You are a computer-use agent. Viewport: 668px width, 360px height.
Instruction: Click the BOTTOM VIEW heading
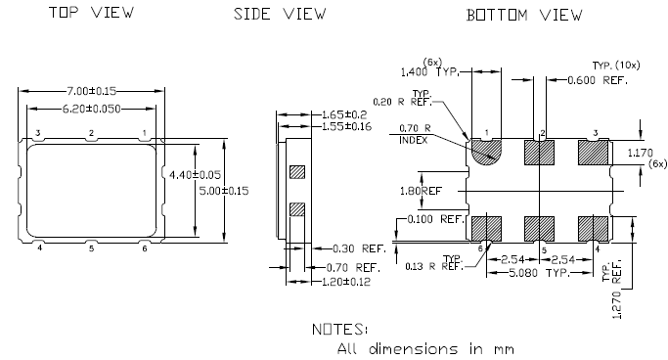click(524, 15)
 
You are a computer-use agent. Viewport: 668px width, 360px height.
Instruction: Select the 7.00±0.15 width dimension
click(91, 89)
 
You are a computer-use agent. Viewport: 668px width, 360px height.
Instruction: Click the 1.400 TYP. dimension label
click(430, 72)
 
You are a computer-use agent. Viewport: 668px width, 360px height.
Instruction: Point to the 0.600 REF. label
click(599, 79)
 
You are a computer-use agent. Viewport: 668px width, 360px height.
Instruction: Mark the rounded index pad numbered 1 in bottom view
click(485, 151)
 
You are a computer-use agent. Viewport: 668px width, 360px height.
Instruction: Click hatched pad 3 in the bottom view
click(593, 152)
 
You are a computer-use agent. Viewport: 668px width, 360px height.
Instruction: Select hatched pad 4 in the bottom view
click(593, 228)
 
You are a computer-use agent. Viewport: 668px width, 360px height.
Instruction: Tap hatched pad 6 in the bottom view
click(485, 228)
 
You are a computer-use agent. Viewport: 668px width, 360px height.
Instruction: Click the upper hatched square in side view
click(297, 172)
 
